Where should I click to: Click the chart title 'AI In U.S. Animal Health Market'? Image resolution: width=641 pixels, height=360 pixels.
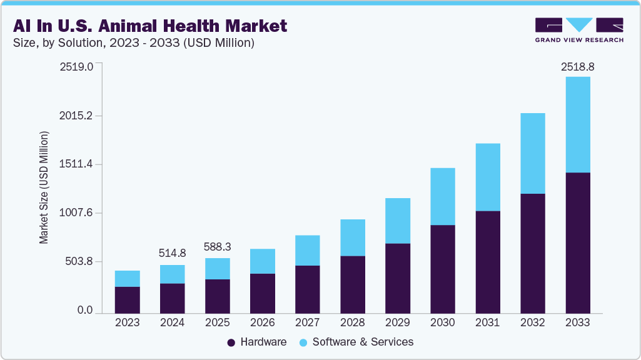pos(149,26)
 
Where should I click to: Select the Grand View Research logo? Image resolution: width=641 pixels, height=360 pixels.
pos(579,30)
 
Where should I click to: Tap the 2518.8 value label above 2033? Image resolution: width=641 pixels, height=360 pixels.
pos(577,66)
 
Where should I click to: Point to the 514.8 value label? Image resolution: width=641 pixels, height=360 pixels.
pos(172,253)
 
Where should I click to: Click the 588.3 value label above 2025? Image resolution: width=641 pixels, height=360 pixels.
pos(217,246)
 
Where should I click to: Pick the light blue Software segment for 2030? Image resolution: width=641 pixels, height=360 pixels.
pos(442,196)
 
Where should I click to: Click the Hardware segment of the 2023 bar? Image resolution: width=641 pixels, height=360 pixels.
pos(127,299)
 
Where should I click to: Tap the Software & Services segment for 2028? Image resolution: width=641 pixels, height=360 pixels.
pos(352,237)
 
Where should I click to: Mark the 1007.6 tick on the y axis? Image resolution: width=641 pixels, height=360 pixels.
pos(76,213)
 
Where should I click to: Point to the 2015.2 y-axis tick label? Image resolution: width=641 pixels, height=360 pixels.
pos(76,116)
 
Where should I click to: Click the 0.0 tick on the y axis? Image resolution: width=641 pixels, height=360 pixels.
pos(84,311)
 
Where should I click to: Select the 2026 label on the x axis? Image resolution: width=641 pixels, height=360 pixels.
pos(262,323)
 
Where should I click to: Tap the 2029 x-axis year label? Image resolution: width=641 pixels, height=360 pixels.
pos(397,323)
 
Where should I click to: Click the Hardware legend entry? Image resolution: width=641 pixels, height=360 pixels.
pos(256,342)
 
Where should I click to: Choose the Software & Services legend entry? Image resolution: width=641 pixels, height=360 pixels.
pos(356,342)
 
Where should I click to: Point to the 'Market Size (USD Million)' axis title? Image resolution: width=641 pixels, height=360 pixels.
pos(44,187)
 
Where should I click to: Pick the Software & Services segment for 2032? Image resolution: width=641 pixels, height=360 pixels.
pos(532,153)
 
